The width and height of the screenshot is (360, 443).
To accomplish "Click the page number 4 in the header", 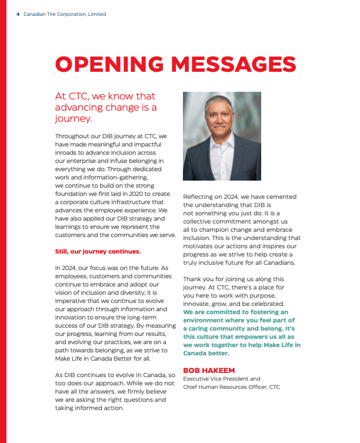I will [18, 14].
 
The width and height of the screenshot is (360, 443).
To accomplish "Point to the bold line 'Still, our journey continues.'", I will [98, 251].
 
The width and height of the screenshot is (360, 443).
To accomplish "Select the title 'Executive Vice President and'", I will [221, 379].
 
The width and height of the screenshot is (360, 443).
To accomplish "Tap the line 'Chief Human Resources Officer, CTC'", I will [231, 387].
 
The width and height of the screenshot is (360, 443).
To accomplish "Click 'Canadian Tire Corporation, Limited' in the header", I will [65, 14].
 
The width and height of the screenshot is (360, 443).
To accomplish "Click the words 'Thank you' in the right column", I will [197, 279].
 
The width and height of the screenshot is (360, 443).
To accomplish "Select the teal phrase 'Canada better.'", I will [206, 354].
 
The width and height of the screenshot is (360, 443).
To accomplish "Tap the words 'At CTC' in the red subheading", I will [70, 96].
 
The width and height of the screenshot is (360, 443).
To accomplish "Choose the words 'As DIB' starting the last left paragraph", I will [65, 375].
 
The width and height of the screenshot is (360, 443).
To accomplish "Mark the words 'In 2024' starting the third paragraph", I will [65, 268].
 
